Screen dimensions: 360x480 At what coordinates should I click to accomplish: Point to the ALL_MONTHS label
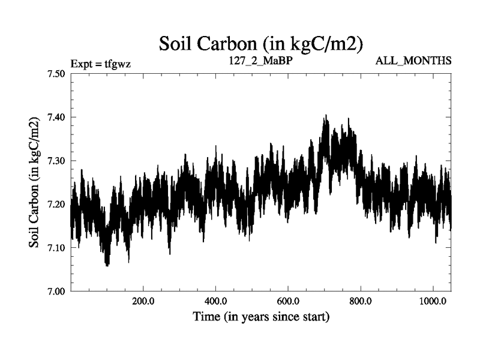pos(413,61)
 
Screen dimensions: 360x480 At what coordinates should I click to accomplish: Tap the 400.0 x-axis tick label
pos(215,302)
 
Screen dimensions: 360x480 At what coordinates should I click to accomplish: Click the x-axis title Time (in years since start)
pos(261,316)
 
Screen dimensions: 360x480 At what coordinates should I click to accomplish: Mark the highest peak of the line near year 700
pos(326,116)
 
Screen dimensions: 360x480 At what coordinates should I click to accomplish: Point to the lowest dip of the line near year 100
pos(107,265)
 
